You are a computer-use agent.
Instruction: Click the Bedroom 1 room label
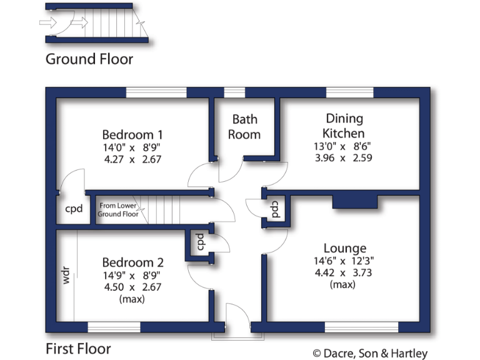(132, 134)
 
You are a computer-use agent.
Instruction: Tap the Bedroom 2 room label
(132, 262)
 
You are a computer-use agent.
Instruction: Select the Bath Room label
(244, 126)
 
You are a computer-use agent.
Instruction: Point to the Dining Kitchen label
(344, 126)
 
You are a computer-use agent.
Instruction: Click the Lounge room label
(345, 248)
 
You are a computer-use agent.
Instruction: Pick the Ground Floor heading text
(89, 59)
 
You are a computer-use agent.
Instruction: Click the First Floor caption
(78, 349)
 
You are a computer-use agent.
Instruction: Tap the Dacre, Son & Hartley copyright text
(370, 353)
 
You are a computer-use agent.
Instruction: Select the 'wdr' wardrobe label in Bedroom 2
(66, 277)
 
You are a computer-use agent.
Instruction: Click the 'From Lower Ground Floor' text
(118, 209)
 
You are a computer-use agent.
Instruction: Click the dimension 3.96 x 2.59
(344, 158)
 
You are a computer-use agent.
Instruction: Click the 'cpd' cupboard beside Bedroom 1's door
(74, 209)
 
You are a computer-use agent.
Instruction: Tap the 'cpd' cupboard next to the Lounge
(275, 208)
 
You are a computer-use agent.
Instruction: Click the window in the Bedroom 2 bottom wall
(114, 327)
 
